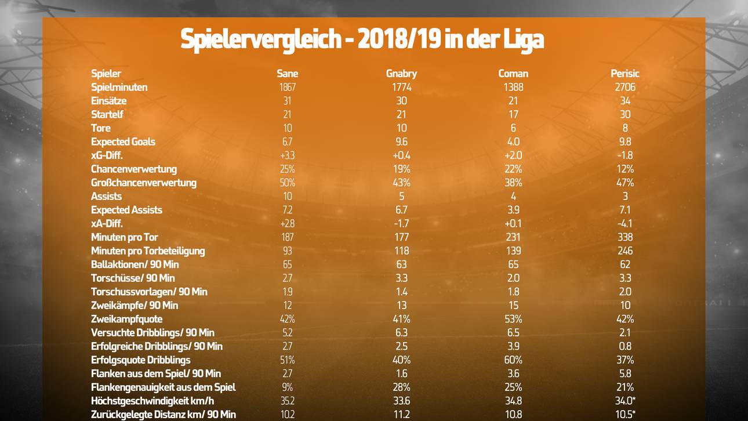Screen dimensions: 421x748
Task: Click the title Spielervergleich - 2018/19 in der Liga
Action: [362, 39]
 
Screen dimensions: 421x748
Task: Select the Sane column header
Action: [288, 74]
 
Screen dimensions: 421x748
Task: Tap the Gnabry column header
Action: [401, 74]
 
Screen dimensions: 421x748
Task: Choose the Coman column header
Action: [513, 74]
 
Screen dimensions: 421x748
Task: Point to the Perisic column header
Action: [625, 74]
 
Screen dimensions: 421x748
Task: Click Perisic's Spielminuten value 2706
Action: [625, 87]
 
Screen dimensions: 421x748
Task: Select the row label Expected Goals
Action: [123, 141]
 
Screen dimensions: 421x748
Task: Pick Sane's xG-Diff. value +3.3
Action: [288, 155]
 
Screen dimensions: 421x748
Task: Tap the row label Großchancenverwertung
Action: [144, 183]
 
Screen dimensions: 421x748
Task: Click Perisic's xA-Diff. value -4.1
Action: [625, 223]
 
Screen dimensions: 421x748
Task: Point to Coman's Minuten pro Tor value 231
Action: [513, 237]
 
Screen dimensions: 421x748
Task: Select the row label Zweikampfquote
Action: [126, 319]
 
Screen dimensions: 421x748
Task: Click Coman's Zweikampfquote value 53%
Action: [513, 319]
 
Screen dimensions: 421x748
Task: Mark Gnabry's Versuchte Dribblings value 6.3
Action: [401, 333]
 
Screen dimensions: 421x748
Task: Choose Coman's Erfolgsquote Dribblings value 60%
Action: [513, 360]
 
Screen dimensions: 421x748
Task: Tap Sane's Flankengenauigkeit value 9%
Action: [288, 387]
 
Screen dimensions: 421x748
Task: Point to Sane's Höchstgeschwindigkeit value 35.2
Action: [288, 401]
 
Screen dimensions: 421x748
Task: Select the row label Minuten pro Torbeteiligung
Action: [148, 251]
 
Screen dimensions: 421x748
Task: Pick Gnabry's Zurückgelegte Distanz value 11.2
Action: [401, 415]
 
